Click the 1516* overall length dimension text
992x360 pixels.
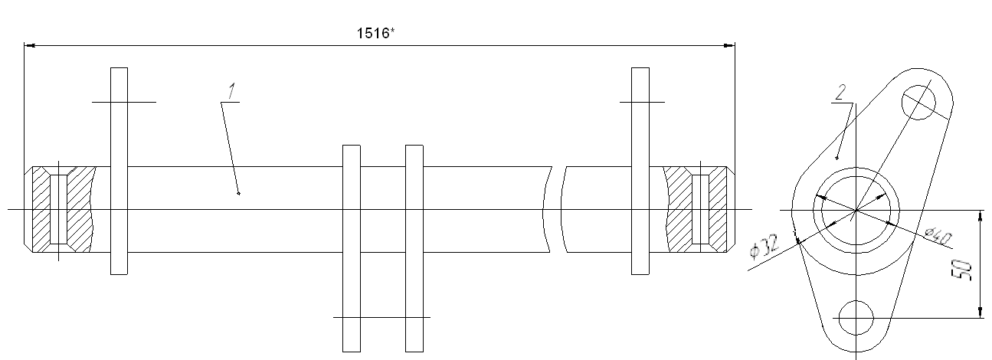(x=375, y=33)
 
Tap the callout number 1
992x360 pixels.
(x=231, y=91)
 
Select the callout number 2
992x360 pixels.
(x=840, y=92)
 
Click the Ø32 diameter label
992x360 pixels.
(x=764, y=246)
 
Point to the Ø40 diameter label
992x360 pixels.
(x=938, y=237)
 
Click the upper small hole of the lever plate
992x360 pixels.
(x=918, y=103)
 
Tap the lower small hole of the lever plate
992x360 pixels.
(x=856, y=318)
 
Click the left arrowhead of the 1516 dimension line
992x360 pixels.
(x=29, y=45)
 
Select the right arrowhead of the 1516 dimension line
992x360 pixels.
(x=729, y=45)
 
